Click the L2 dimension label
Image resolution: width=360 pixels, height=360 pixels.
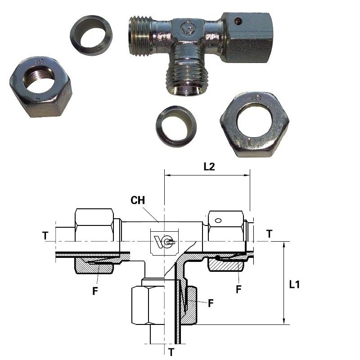pos(209,166)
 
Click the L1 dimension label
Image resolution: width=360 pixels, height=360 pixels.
pos(294,285)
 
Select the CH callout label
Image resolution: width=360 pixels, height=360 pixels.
pos(138,200)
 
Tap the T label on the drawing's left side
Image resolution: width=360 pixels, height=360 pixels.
pos(45,236)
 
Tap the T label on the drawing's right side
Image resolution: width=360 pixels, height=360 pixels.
pos(269,234)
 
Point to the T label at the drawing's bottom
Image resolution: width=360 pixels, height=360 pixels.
pos(171,352)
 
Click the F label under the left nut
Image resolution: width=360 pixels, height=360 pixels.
pos(95,291)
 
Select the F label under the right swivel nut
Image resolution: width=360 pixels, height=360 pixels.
pos(239,289)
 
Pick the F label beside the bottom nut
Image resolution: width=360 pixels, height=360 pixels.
pos(211,303)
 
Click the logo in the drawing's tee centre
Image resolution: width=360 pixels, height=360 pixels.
pos(164,242)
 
